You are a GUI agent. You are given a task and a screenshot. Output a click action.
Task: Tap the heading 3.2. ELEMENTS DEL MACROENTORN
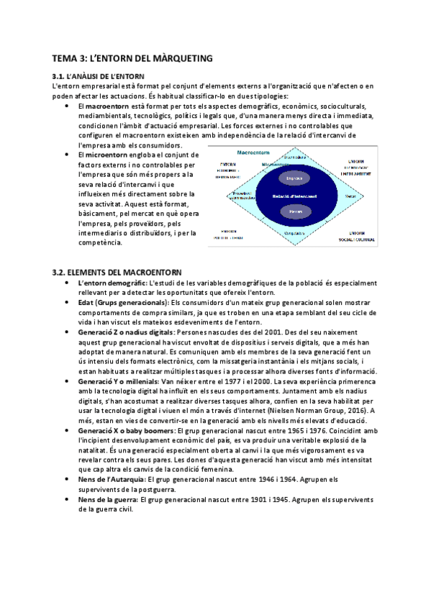[117, 272]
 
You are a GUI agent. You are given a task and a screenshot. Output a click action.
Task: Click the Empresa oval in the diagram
[294, 178]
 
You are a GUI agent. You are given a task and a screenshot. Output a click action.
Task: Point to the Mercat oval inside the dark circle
[294, 211]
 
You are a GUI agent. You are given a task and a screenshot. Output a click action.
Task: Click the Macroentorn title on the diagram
[250, 152]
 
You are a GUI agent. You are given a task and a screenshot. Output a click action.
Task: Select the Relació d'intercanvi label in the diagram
[294, 196]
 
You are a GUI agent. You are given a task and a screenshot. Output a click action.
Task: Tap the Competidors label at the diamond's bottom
[294, 232]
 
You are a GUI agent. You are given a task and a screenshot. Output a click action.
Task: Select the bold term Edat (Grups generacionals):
[122, 302]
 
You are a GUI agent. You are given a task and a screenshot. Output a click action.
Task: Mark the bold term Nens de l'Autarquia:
[106, 479]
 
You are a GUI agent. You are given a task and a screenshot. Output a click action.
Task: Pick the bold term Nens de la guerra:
[104, 499]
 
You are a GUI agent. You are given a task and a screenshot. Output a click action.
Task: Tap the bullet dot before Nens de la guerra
[67, 499]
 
